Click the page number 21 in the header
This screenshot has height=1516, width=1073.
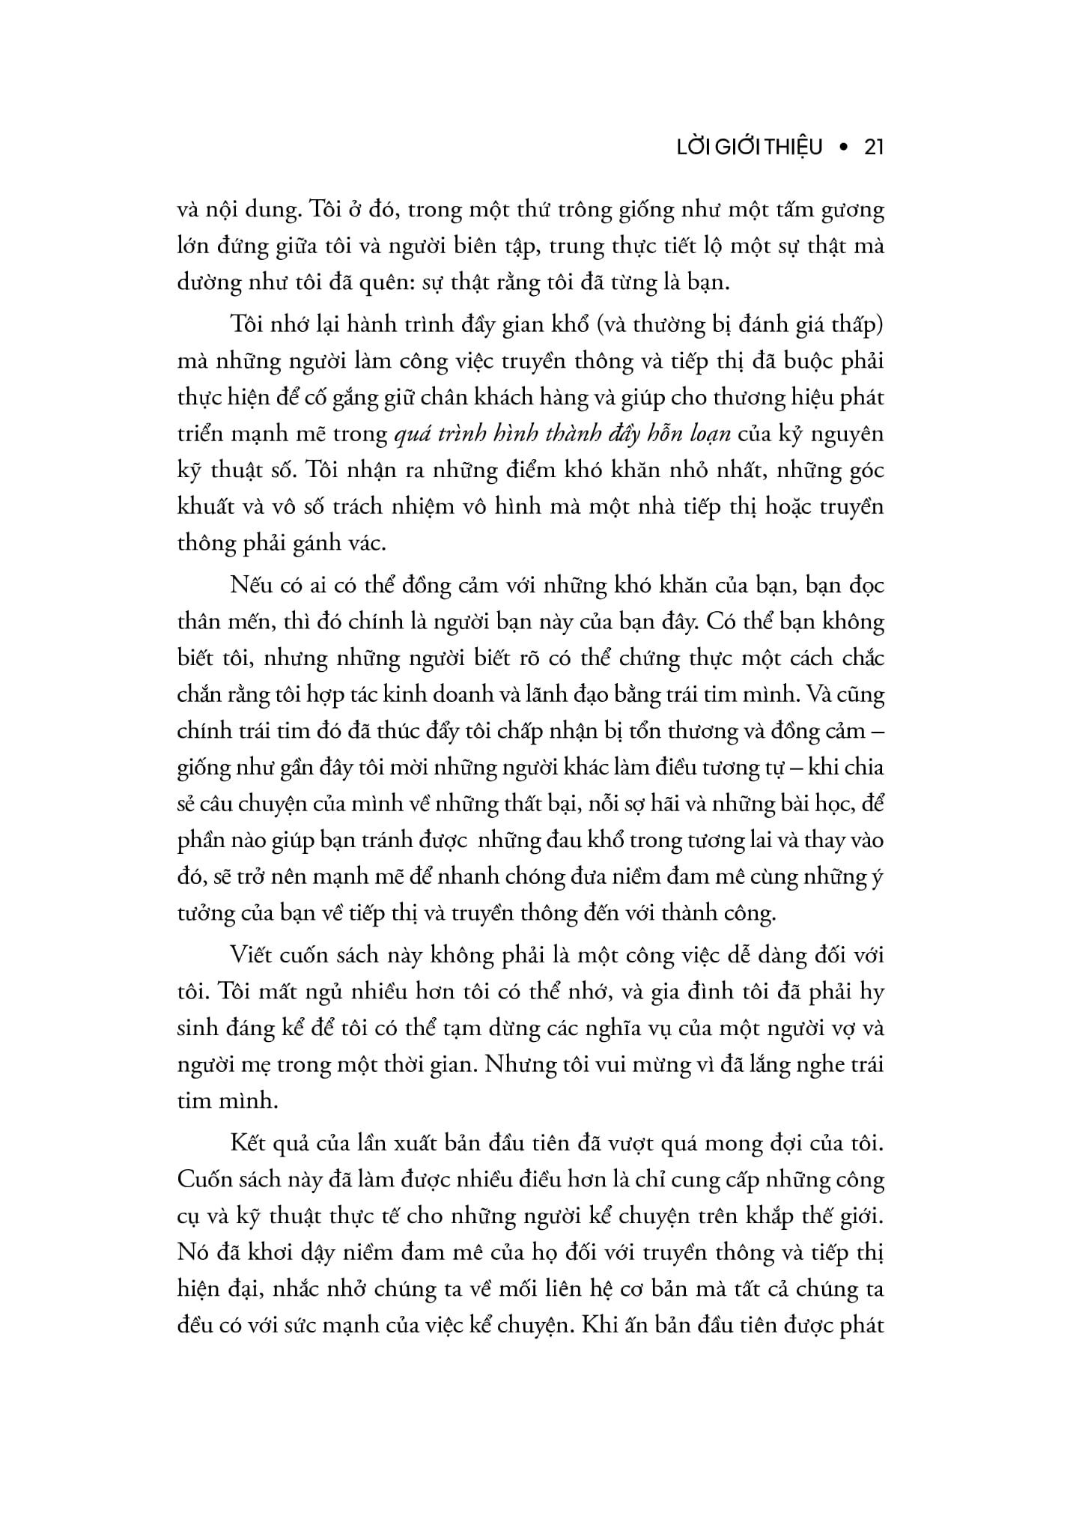pos(874,148)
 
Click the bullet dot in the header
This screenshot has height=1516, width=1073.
pos(843,148)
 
